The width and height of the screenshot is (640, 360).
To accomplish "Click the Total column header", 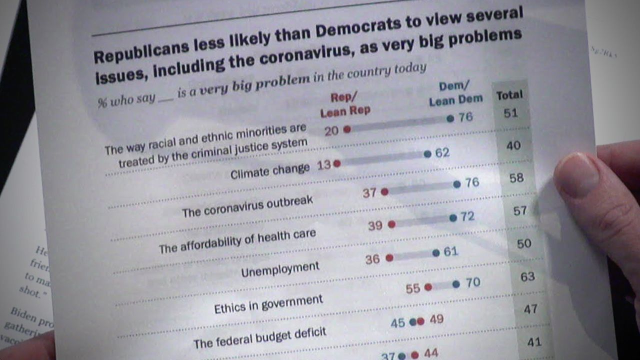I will click(x=509, y=94).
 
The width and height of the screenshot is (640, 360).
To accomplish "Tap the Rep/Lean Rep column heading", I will click(x=345, y=104).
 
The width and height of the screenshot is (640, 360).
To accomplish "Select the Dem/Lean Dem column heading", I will click(x=455, y=93).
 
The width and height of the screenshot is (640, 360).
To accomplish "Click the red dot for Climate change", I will click(x=337, y=163).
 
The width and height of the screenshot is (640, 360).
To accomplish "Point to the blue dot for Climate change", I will click(x=427, y=154).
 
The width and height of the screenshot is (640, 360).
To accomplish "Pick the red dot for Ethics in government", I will click(x=428, y=287).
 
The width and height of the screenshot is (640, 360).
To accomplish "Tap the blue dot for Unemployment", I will click(x=436, y=253).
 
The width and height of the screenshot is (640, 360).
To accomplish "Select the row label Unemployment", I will click(x=280, y=269).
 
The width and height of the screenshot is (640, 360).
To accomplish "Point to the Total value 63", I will click(x=527, y=276).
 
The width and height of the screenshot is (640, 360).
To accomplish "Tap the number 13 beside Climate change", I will click(x=324, y=164).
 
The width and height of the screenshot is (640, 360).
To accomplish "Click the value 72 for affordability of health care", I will click(x=467, y=217).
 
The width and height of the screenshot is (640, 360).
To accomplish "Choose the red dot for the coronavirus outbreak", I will click(x=384, y=191).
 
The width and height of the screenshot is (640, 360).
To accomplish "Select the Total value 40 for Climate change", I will click(x=513, y=145).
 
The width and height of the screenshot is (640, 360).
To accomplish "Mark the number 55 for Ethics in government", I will click(x=413, y=289).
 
